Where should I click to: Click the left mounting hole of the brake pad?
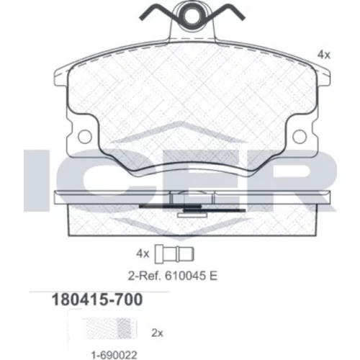(x=85, y=136)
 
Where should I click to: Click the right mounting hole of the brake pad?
(x=300, y=136)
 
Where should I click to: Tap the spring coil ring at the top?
(x=192, y=17)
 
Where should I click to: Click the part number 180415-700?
(x=97, y=300)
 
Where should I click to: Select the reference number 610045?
(x=186, y=276)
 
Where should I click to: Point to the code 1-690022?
(x=114, y=354)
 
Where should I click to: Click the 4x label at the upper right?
(x=324, y=55)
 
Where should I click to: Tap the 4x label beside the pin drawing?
(x=143, y=253)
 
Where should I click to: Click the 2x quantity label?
(x=157, y=333)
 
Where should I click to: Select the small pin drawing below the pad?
(x=174, y=254)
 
